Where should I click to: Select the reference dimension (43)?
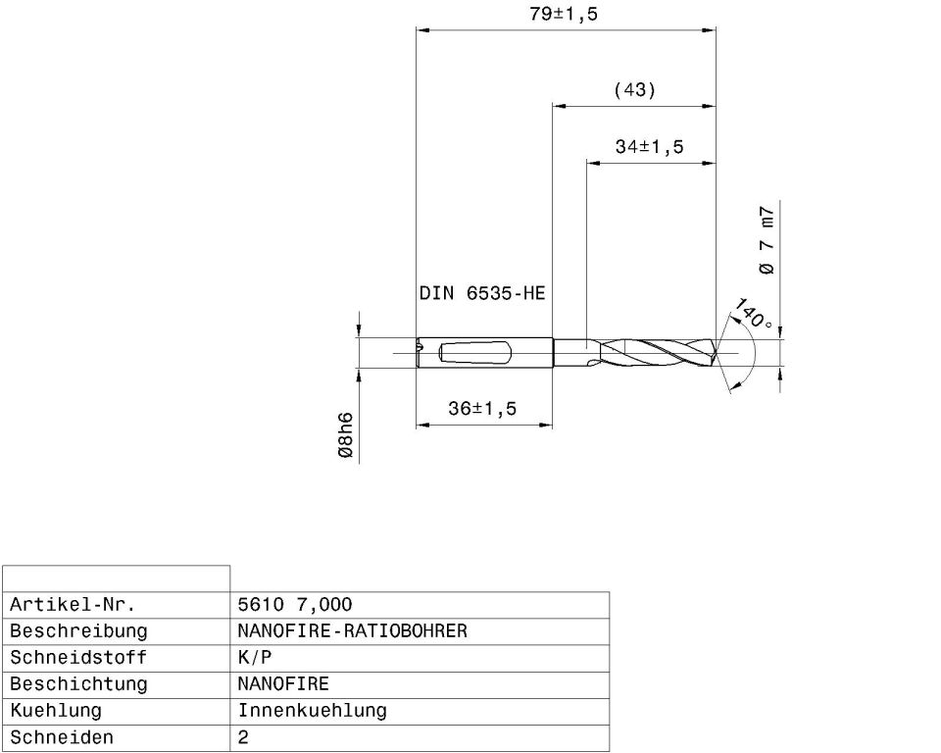[634, 90]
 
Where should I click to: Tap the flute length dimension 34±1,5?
[649, 147]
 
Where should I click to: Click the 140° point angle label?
[753, 315]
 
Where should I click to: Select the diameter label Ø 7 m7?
[767, 240]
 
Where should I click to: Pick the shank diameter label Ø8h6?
[345, 437]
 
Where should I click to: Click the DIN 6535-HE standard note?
[481, 293]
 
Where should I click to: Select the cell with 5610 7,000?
[295, 604]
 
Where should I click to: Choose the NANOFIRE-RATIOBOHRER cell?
[352, 630]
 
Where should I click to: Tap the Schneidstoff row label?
[77, 657]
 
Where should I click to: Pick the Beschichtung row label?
[77, 683]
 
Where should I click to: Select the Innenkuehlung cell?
[312, 710]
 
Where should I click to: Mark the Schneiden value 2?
[243, 736]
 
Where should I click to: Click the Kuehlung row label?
[56, 710]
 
